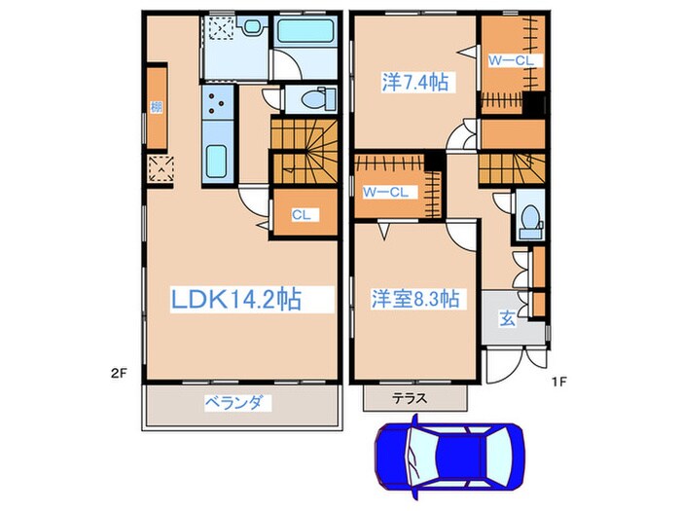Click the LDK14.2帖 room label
coord(235,299)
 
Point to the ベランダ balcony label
coord(237,402)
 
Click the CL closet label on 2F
coord(301,215)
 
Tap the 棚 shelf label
coord(156,107)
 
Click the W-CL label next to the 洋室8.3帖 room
coord(384,192)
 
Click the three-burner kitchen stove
coord(216,105)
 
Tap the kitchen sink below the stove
coord(216,159)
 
